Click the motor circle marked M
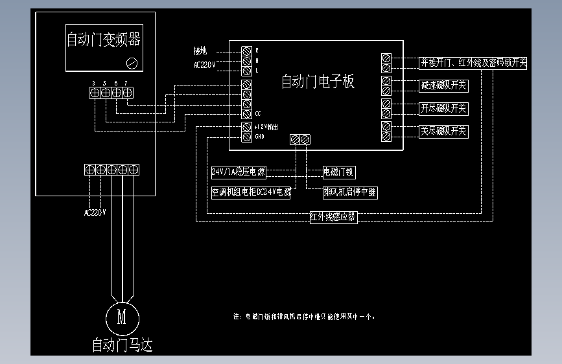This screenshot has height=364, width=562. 122,317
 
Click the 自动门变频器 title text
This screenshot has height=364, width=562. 104,40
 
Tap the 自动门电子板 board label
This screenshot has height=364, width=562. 318,82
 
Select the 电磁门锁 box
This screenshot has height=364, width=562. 339,172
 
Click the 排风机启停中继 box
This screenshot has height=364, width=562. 350,192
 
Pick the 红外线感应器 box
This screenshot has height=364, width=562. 333,217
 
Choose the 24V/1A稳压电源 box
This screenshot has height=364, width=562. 239,172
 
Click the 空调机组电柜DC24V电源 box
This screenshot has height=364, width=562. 250,192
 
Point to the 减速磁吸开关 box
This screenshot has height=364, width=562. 443,85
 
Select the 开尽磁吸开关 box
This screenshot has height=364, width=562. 443,108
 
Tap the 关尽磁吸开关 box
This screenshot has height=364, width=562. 443,131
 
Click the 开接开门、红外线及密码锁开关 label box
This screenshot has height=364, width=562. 473,63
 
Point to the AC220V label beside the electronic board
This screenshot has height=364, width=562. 204,65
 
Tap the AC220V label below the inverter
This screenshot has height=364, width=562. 95,212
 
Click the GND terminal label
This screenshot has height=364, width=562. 259,137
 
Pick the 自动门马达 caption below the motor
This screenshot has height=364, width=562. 123,345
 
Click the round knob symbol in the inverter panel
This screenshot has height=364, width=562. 132,62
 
